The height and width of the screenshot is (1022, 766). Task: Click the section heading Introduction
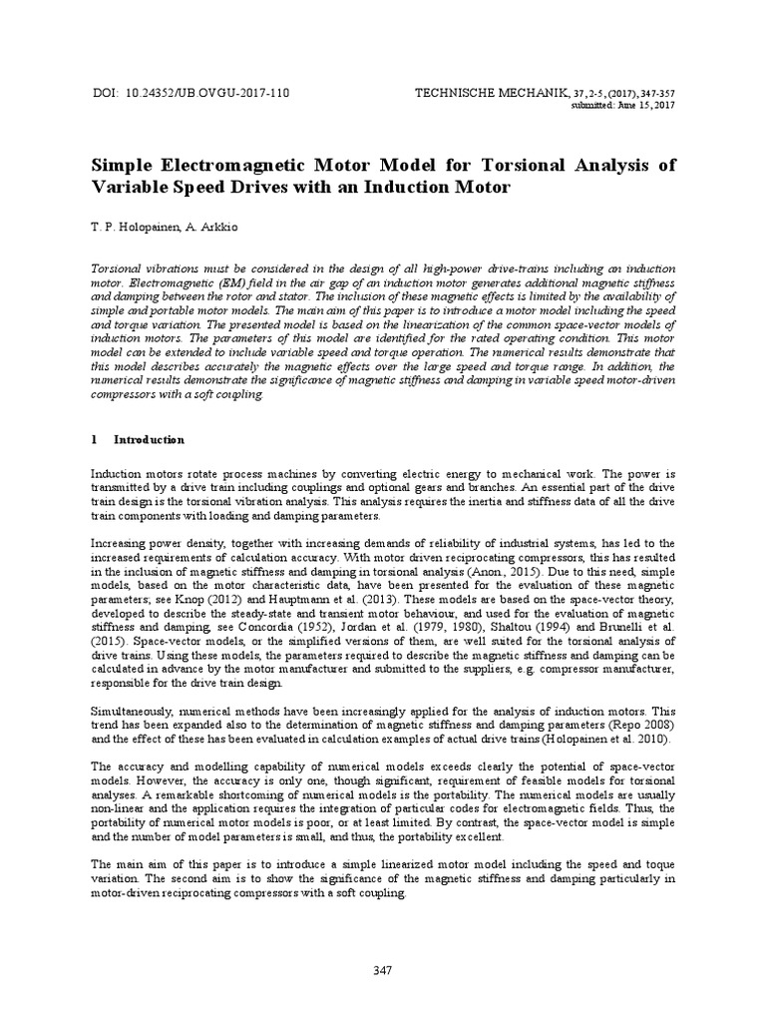coord(149,438)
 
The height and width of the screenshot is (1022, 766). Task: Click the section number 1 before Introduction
coord(94,438)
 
